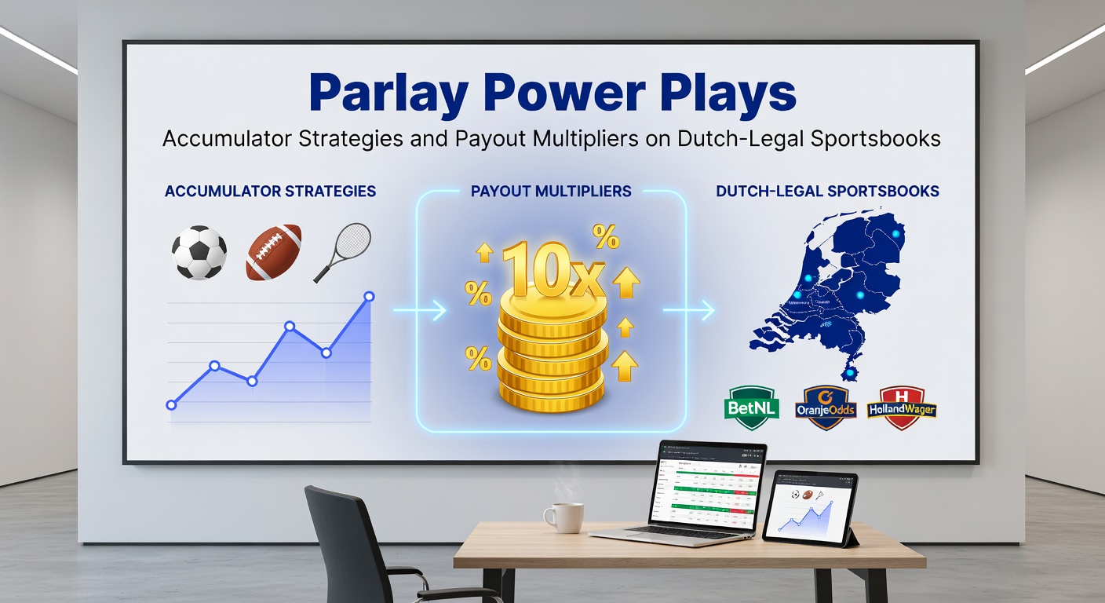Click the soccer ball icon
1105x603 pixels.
click(x=199, y=253)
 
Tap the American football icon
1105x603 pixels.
click(x=273, y=252)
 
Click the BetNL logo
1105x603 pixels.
click(x=750, y=407)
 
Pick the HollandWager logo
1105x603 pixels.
click(x=902, y=408)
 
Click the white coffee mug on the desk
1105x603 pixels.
click(x=563, y=518)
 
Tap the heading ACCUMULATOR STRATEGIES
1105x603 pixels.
click(x=270, y=192)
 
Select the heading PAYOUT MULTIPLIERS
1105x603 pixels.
click(x=551, y=192)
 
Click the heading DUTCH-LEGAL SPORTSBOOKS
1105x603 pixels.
click(x=828, y=192)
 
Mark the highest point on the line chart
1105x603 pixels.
click(x=370, y=297)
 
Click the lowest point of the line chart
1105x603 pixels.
click(x=171, y=405)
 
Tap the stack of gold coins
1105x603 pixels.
click(x=552, y=353)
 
